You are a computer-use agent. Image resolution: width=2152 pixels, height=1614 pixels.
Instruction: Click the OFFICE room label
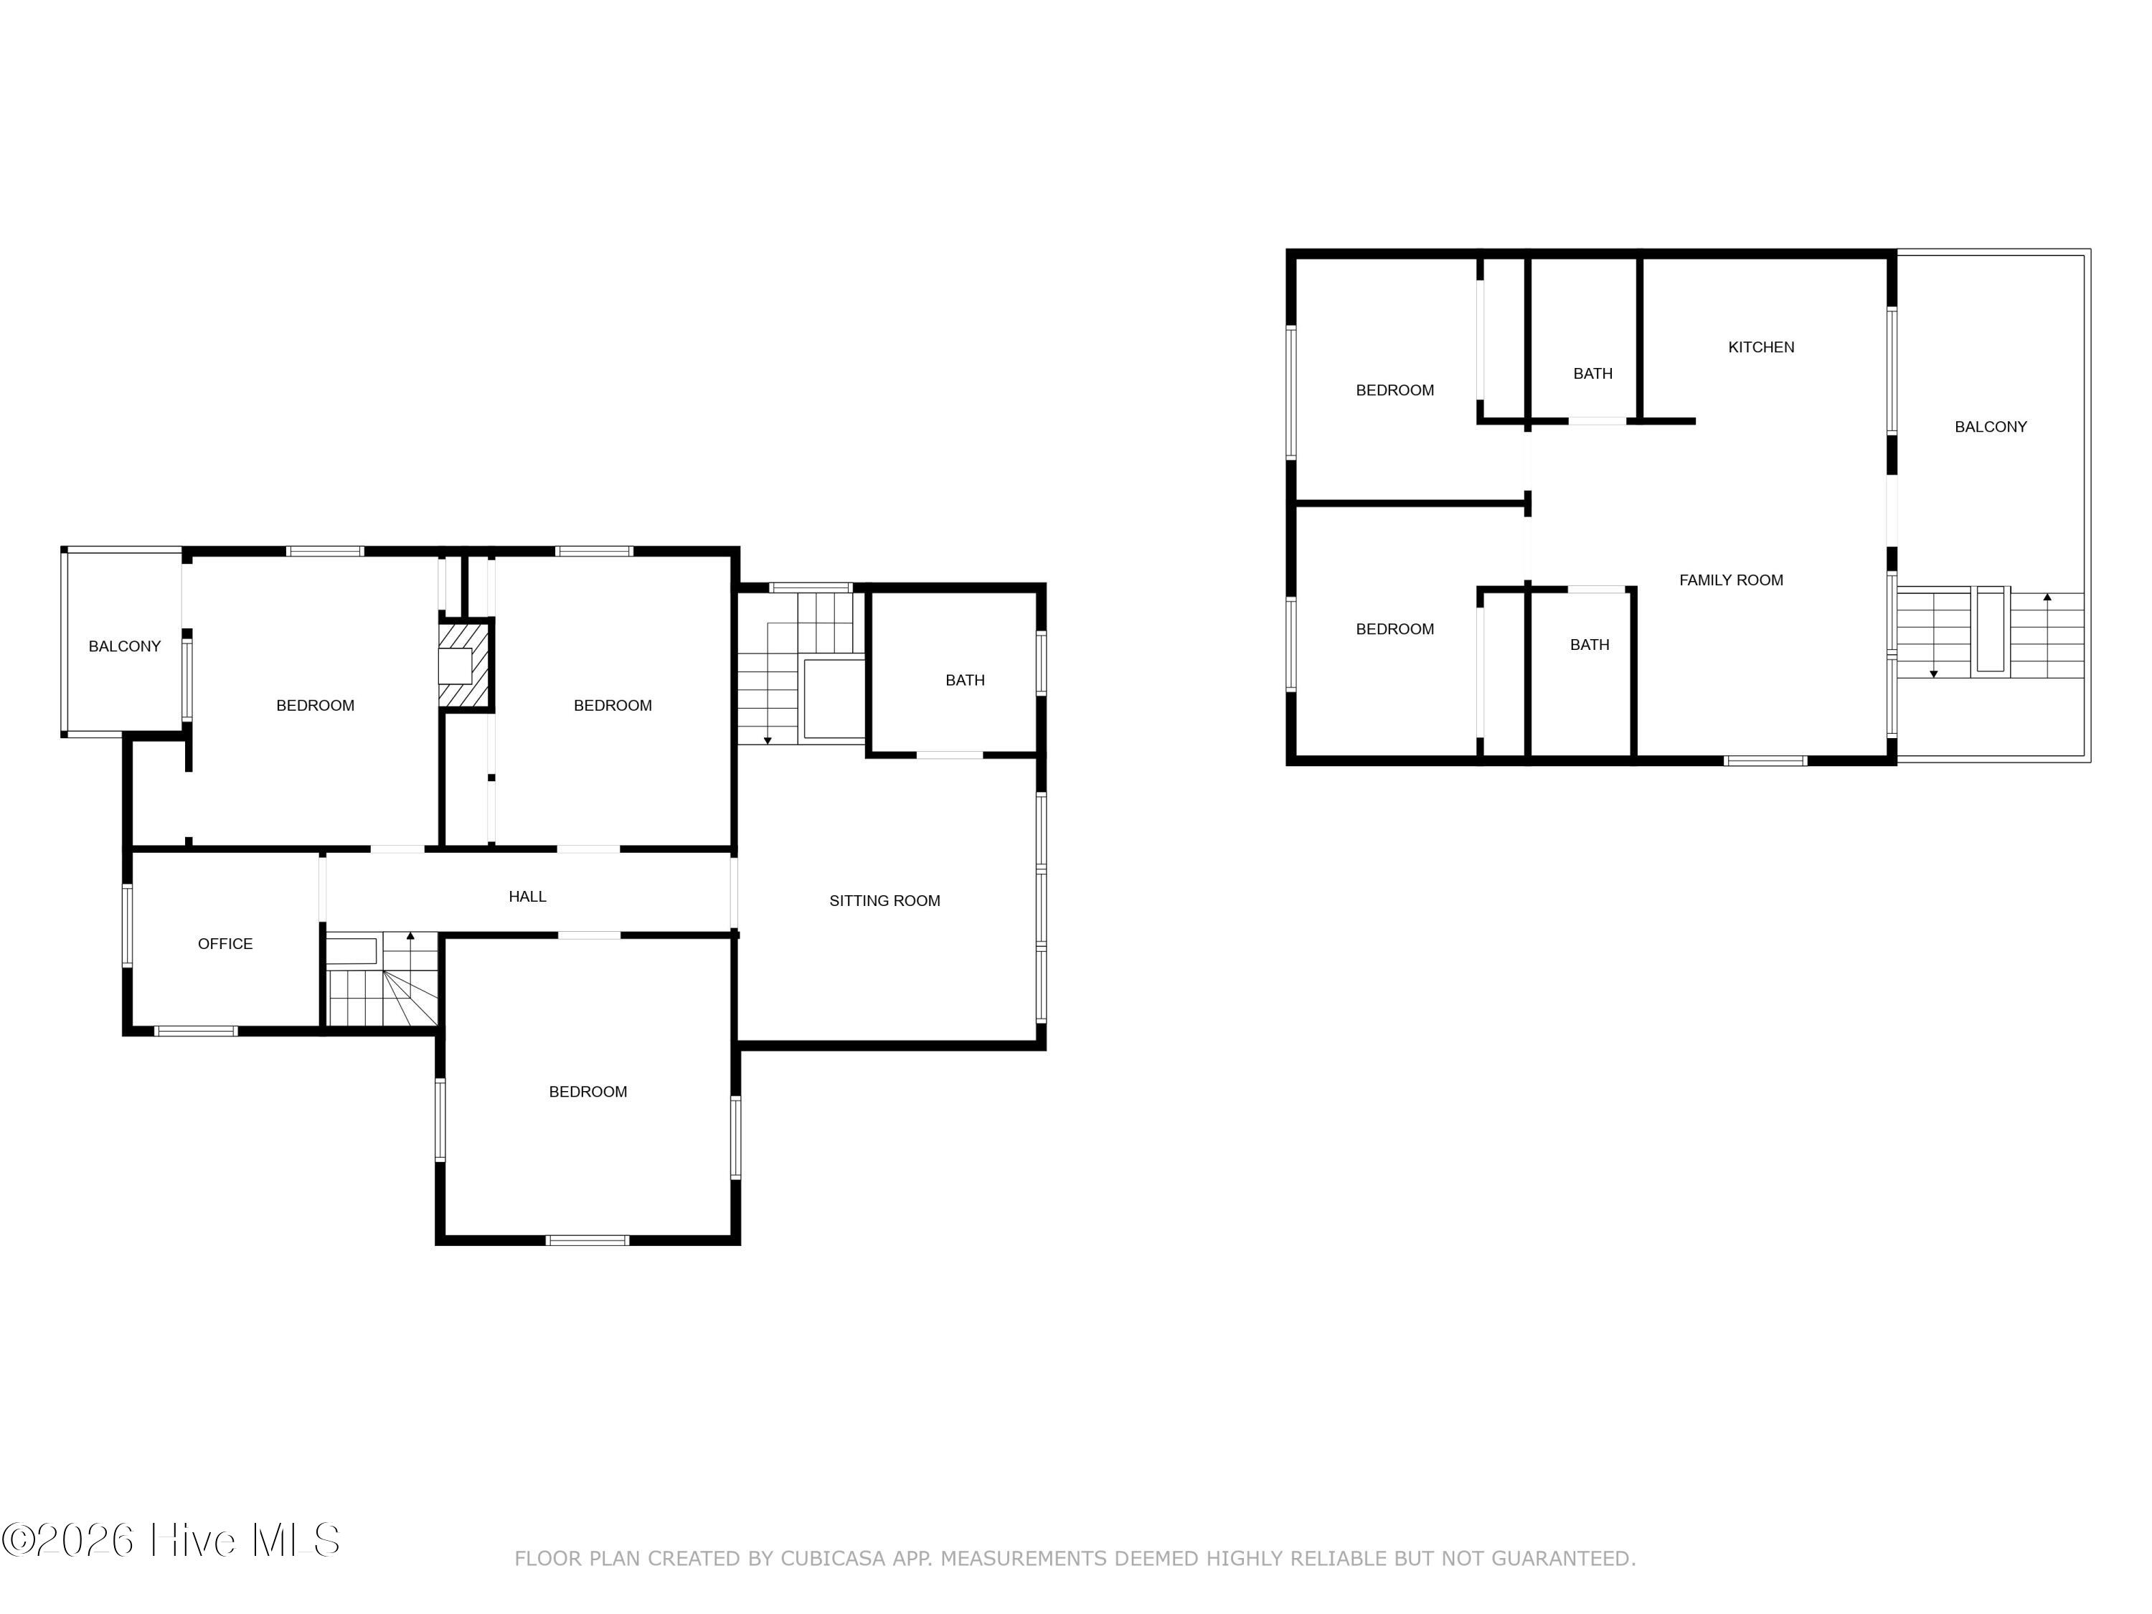click(225, 944)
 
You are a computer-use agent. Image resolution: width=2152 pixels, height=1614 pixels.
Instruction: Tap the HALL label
click(527, 896)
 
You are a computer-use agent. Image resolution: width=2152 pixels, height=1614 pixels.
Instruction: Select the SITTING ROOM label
click(884, 901)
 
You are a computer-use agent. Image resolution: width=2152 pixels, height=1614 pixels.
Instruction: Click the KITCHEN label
click(1761, 347)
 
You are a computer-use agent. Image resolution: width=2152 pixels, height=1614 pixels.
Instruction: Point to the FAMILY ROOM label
click(1731, 580)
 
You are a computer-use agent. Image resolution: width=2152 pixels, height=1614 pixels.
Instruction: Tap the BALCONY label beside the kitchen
click(1991, 427)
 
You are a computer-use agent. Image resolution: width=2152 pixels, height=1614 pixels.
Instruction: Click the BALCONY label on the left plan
click(125, 646)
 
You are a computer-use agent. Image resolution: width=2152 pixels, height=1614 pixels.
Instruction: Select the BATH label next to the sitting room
click(965, 680)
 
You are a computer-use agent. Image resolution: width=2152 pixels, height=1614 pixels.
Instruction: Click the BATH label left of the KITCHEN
click(1592, 374)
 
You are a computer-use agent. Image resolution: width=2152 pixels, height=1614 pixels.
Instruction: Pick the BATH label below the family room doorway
click(1590, 645)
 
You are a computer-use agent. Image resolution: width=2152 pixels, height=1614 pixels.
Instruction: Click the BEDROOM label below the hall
click(587, 1092)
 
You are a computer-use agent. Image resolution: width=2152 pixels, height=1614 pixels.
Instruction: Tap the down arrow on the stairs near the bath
click(768, 740)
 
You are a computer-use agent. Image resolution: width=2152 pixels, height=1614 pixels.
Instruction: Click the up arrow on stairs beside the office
click(410, 937)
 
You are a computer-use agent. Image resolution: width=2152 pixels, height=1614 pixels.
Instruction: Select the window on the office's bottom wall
click(196, 1030)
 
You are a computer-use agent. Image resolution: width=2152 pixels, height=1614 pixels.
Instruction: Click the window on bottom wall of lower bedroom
click(587, 1240)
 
